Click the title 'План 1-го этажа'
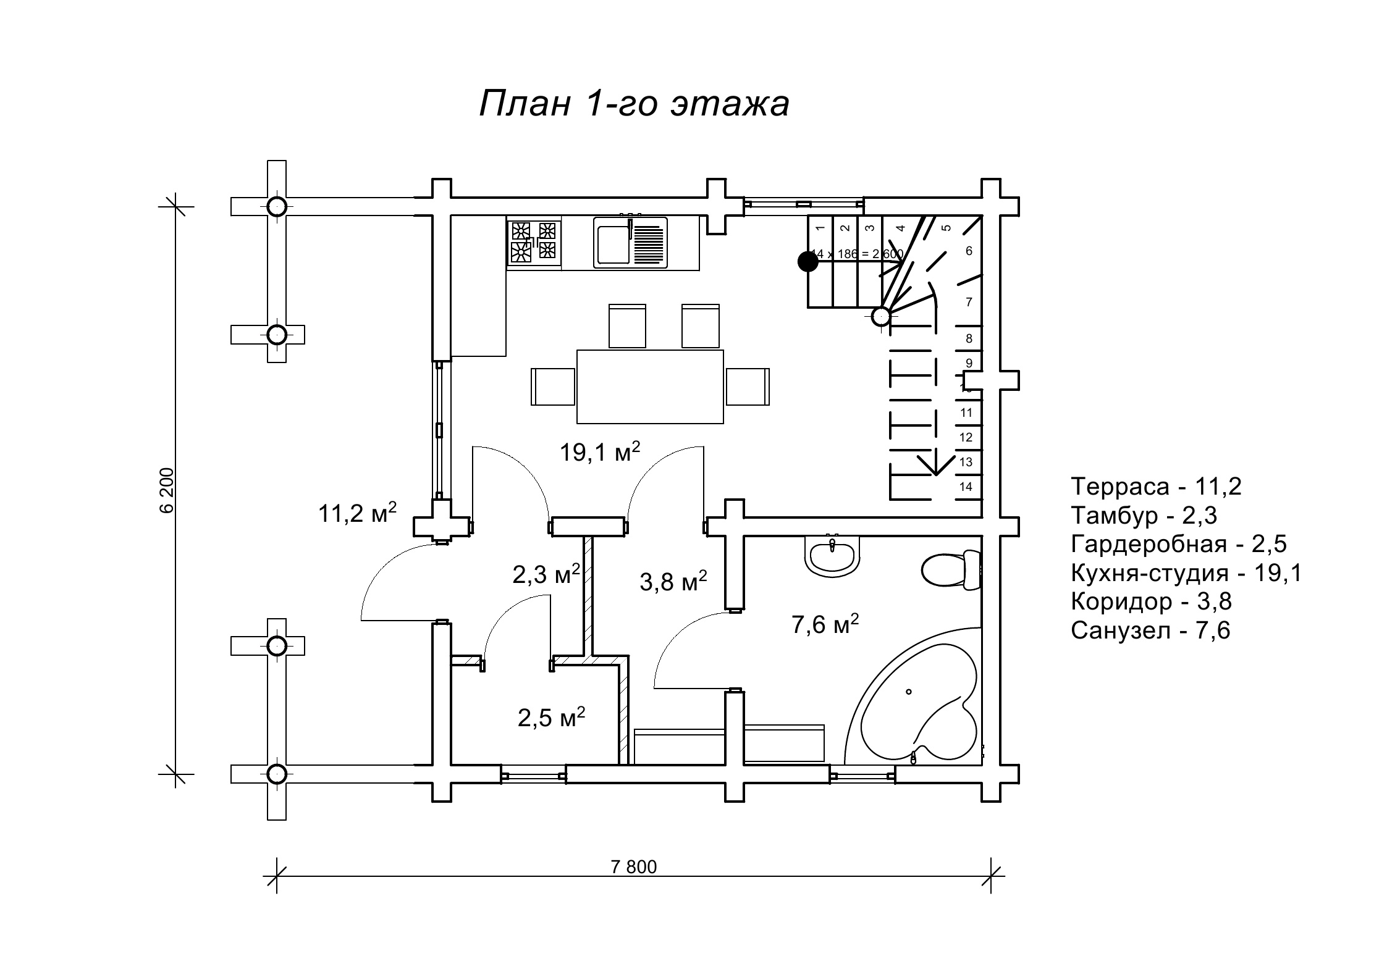point(634,104)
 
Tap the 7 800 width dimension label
point(634,867)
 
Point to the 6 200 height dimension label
point(167,490)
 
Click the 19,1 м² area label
point(599,452)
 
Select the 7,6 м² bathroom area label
point(825,624)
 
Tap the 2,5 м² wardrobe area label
point(551,718)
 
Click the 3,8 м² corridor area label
point(673,581)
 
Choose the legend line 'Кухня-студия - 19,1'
point(1186,573)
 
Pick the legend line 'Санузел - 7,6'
point(1150,630)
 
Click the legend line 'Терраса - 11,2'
point(1156,487)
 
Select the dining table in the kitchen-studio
point(650,387)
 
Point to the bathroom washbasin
point(832,553)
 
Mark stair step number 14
point(966,487)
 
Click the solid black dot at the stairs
point(807,262)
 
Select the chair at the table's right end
point(748,387)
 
